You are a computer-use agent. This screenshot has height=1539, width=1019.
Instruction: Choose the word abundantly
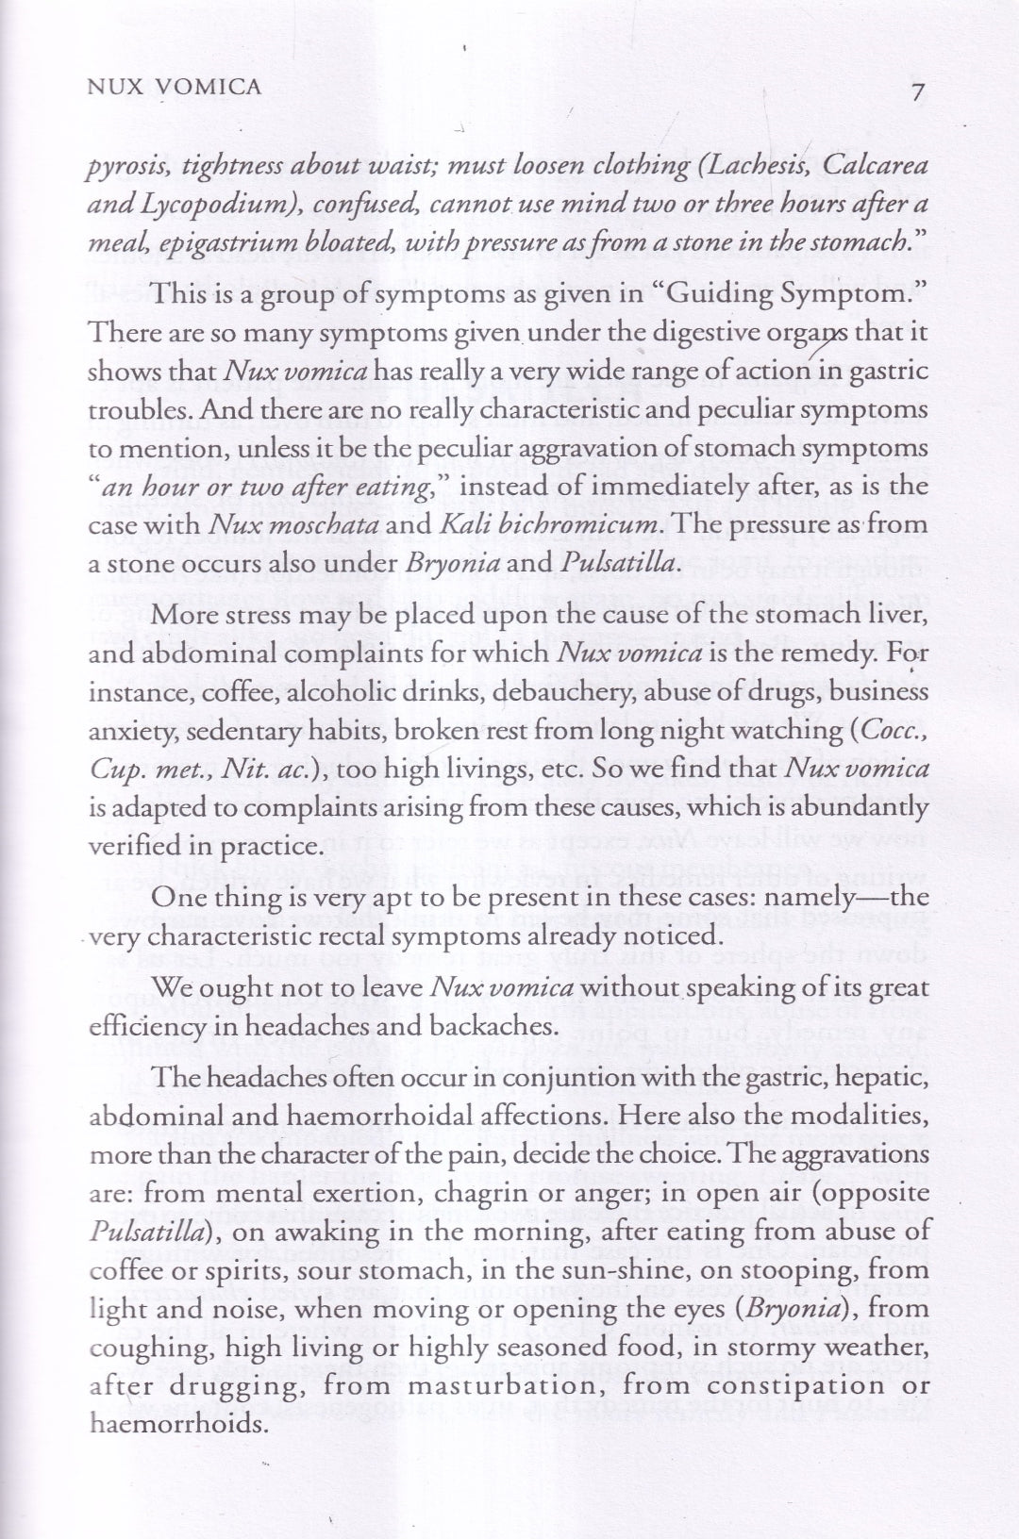point(861,808)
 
